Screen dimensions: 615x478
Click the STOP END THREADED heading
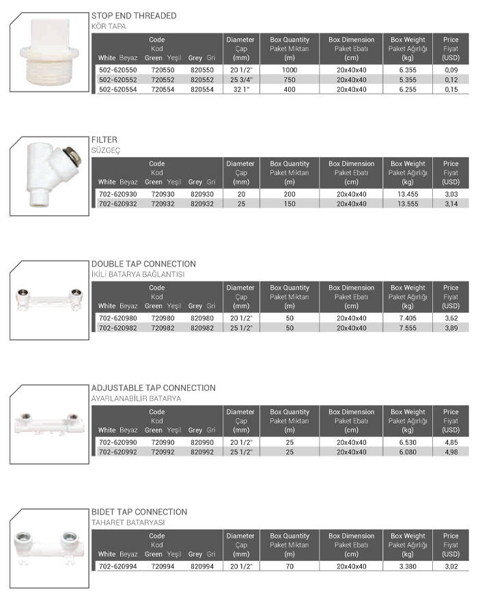(134, 16)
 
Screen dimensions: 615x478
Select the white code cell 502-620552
(118, 80)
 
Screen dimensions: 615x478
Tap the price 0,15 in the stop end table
(450, 90)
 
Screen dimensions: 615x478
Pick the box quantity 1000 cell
(290, 70)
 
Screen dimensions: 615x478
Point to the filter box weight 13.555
(408, 204)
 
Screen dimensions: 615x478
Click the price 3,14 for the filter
(450, 204)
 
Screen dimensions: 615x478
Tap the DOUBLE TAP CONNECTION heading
(143, 264)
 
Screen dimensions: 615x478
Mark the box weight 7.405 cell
(408, 318)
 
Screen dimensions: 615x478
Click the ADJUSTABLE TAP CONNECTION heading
(153, 388)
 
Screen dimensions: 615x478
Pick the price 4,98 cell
(450, 452)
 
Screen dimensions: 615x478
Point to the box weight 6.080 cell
(408, 452)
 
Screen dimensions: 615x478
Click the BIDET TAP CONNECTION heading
(139, 512)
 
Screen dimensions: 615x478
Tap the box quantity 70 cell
(290, 566)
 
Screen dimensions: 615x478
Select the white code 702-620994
(118, 566)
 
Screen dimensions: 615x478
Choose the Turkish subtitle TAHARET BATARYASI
(128, 522)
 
